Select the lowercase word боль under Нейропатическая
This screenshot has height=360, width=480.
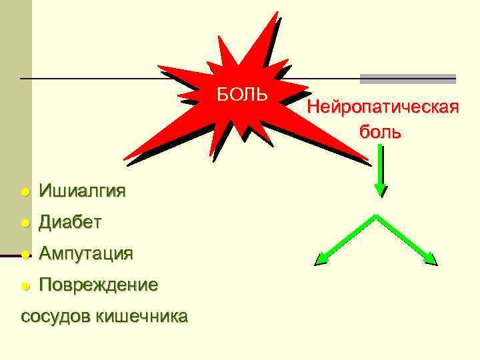tap(381, 131)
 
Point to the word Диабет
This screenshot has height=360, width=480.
tap(70, 222)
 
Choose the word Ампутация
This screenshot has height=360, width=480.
tap(85, 253)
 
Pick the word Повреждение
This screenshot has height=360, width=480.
tap(98, 285)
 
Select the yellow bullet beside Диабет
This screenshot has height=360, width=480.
tap(25, 223)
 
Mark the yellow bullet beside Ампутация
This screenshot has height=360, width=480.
tap(25, 254)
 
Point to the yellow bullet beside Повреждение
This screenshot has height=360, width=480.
tap(25, 285)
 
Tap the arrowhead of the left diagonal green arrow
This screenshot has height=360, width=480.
tap(321, 259)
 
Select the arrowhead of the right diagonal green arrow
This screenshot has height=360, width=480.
tap(431, 259)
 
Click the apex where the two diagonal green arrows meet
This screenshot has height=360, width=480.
tap(376, 216)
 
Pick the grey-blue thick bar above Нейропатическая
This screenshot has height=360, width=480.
tap(407, 79)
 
